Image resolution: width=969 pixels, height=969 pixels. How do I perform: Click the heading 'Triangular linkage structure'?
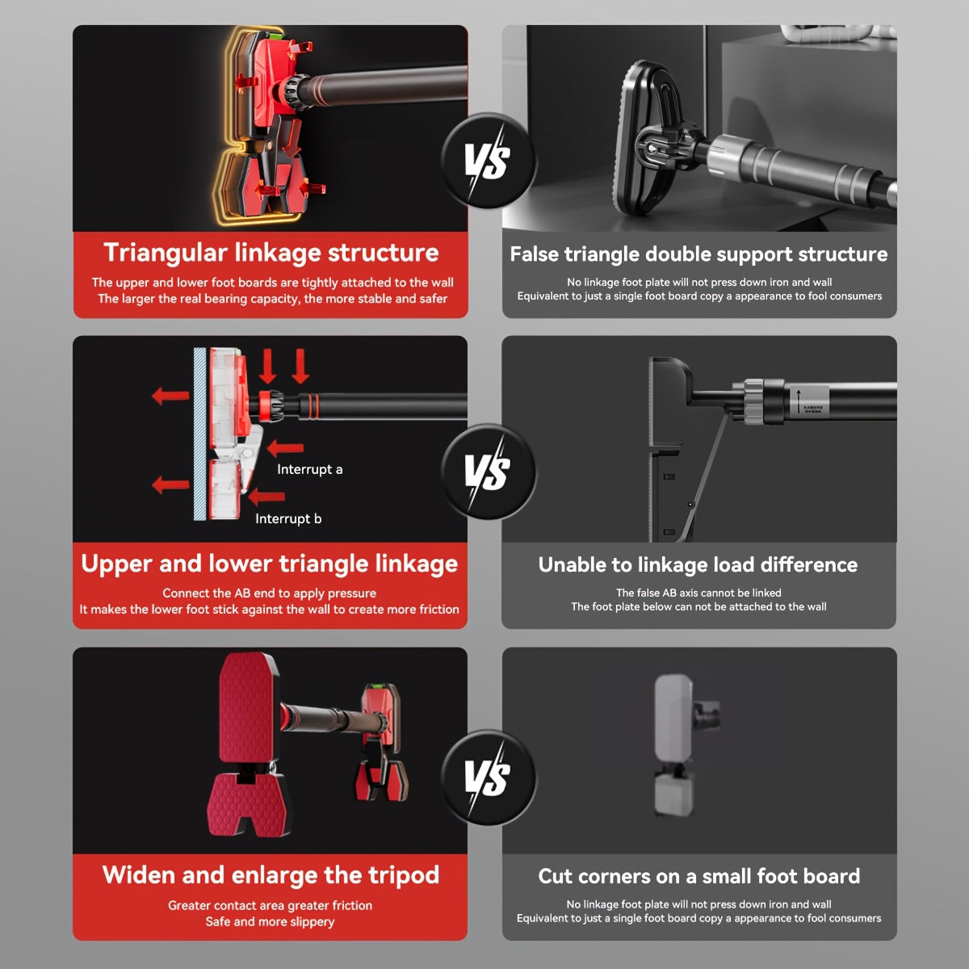(271, 253)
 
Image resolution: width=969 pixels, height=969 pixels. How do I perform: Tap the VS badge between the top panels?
(488, 161)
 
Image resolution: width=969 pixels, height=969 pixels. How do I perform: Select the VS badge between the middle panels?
(488, 472)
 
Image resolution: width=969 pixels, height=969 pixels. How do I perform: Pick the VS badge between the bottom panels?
(488, 778)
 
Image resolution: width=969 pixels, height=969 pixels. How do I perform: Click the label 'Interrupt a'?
(310, 470)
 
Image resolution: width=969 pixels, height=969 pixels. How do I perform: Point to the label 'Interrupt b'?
(288, 519)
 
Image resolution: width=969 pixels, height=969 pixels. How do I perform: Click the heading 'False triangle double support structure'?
(699, 254)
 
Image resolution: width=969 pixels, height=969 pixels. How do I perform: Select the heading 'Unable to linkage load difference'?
(698, 565)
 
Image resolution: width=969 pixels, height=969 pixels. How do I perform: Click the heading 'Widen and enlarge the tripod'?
(271, 875)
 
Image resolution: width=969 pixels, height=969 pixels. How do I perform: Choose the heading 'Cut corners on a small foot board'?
(699, 876)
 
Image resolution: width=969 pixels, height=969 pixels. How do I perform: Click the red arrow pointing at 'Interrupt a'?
(285, 447)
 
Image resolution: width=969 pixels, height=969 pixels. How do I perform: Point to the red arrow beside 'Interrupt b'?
(266, 497)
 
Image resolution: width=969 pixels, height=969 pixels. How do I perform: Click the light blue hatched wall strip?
(199, 434)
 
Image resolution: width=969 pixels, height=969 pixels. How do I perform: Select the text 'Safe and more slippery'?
(270, 921)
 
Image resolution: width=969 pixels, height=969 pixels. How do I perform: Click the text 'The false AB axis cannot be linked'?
(698, 593)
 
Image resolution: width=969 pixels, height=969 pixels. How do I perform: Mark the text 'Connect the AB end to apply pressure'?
(270, 594)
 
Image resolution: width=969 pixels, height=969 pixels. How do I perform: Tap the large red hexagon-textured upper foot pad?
(248, 707)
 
